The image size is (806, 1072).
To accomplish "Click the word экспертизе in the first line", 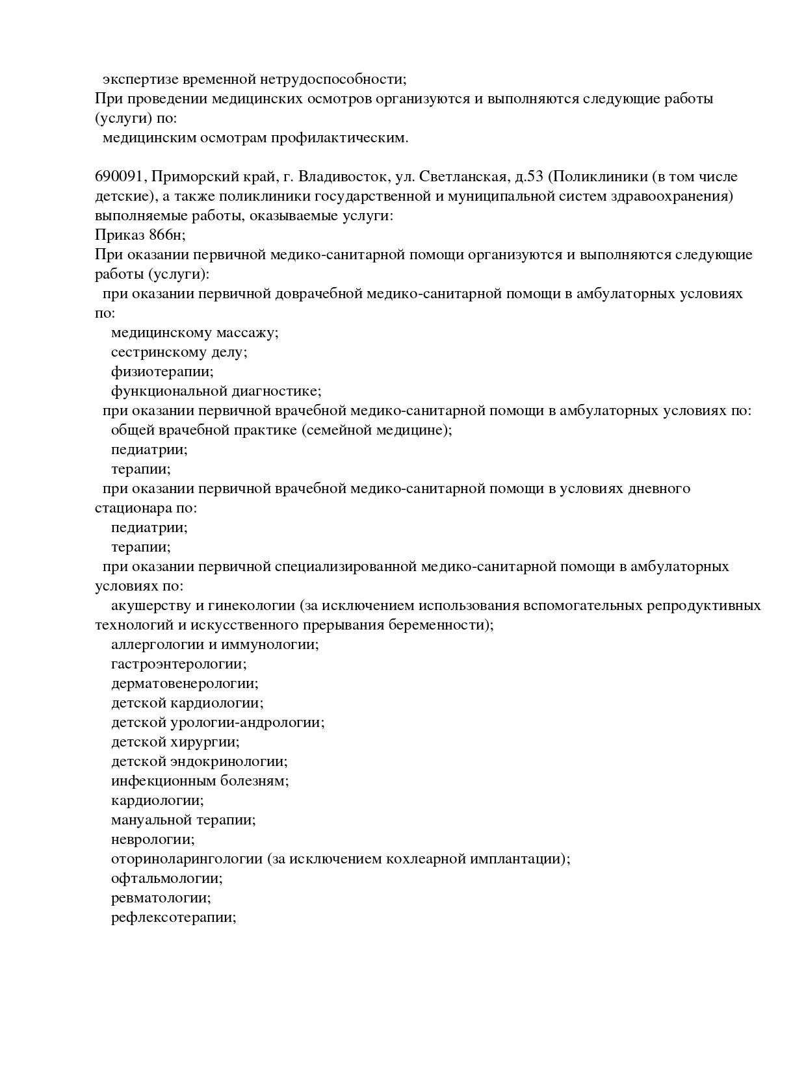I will click(140, 80).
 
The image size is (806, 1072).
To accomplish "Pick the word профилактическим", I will click(339, 138).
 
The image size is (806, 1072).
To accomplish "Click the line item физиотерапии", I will click(162, 372).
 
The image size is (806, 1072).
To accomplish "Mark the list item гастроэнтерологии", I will click(178, 664).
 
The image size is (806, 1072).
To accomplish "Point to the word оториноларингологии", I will click(187, 859).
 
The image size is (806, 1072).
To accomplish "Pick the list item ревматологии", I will click(161, 898).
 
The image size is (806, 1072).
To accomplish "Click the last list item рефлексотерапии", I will click(173, 917).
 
